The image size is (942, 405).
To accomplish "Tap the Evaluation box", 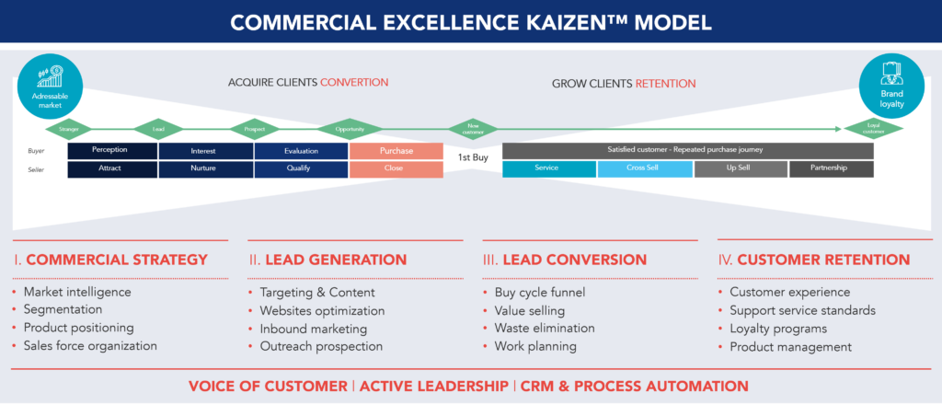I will coord(301,150).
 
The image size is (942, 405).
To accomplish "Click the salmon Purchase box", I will coord(396,150).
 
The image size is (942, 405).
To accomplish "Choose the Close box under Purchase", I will coord(396,169).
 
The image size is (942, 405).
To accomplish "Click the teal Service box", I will coord(549,169).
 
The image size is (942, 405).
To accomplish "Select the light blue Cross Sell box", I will coord(644,169).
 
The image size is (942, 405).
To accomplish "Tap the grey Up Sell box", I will coord(740,169).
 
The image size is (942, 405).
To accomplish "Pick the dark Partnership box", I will coord(832,169).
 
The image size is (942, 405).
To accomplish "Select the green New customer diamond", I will coord(474,128).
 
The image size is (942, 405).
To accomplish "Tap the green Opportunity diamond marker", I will coord(349,128).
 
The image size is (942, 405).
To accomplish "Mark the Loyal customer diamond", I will coord(873,128).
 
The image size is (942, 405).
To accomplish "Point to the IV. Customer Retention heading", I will coord(814,260).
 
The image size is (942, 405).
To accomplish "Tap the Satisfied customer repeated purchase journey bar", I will coord(687,149).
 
